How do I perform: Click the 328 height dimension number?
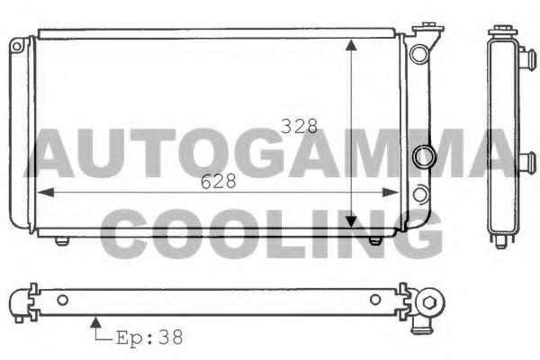pos(299,127)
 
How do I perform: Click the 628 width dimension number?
pos(218,181)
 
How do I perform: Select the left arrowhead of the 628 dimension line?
pos(40,192)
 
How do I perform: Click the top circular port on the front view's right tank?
pos(418,53)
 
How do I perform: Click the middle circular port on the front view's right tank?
pos(421,157)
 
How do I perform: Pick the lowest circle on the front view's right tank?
pos(419,192)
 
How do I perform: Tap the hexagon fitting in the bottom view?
pos(432,301)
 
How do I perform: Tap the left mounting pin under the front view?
pos(61,239)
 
